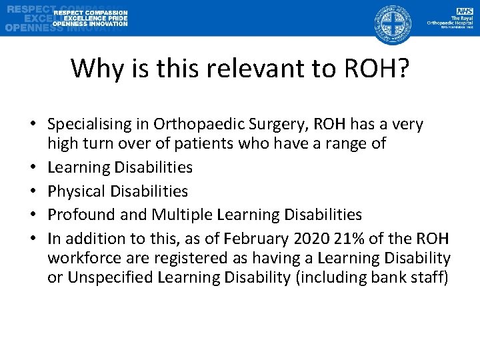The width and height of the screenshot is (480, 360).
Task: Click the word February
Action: click(x=254, y=239)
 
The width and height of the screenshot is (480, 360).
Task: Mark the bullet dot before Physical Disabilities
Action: click(x=31, y=191)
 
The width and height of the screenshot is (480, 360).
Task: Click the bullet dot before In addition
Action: click(x=31, y=239)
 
